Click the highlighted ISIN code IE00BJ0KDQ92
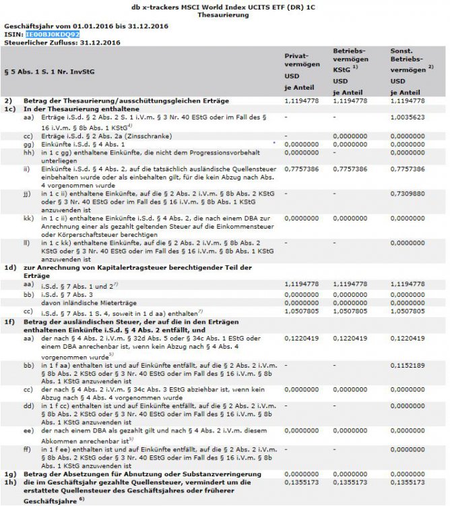click(x=52, y=33)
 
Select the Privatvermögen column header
click(x=300, y=66)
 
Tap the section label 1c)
click(x=9, y=109)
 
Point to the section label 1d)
click(x=9, y=268)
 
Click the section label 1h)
click(x=9, y=483)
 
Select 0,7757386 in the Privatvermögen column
click(x=301, y=169)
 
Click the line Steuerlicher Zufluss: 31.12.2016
click(x=63, y=42)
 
